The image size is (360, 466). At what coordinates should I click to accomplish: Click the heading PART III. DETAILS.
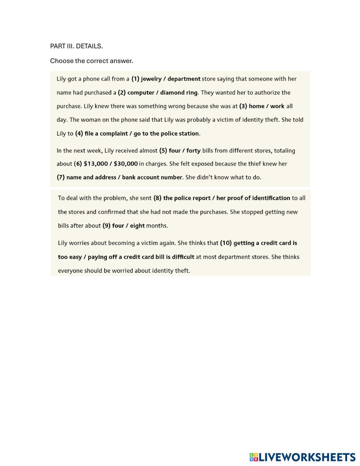pyautogui.click(x=76, y=46)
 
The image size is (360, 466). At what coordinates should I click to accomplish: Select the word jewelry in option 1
pyautogui.click(x=151, y=79)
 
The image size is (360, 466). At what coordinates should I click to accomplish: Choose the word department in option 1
pyautogui.click(x=184, y=79)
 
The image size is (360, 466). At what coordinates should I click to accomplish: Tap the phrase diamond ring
pyautogui.click(x=179, y=93)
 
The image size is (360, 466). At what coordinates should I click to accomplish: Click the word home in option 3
pyautogui.click(x=257, y=106)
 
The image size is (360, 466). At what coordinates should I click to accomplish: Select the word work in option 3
pyautogui.click(x=277, y=106)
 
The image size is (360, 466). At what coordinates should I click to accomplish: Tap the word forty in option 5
pyautogui.click(x=193, y=151)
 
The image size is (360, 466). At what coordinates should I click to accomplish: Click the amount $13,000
pyautogui.click(x=95, y=164)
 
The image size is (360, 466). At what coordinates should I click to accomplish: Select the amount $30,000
pyautogui.click(x=126, y=164)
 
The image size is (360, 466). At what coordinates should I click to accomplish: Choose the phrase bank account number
pyautogui.click(x=152, y=177)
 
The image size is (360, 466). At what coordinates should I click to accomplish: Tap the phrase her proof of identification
pyautogui.click(x=253, y=198)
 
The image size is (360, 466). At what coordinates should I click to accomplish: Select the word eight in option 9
pyautogui.click(x=137, y=226)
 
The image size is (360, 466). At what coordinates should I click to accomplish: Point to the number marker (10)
pyautogui.click(x=226, y=243)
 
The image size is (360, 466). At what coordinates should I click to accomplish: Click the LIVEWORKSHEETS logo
pyautogui.click(x=302, y=457)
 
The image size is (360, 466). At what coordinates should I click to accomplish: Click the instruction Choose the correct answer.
pyautogui.click(x=91, y=61)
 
